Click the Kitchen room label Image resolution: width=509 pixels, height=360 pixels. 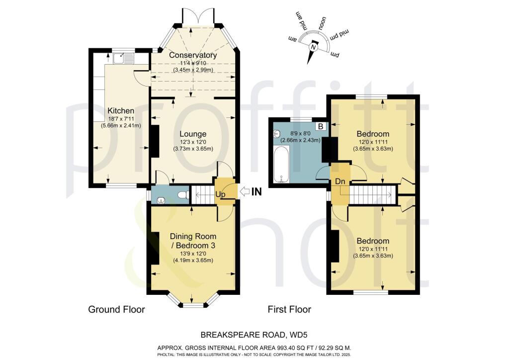coord(121,110)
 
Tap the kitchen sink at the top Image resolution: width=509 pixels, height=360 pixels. coord(121,59)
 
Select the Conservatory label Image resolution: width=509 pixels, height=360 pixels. coord(193,55)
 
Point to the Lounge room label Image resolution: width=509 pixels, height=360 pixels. coord(193,134)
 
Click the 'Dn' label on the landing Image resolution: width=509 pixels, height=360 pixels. coord(340,182)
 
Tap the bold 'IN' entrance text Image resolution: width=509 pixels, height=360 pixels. coord(256,191)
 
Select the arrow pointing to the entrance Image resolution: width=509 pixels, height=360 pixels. coord(245,191)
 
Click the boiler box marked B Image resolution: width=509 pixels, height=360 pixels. coord(321,127)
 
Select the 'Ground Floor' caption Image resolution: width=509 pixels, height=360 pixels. coord(116,309)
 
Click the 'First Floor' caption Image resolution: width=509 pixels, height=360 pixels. coord(289,309)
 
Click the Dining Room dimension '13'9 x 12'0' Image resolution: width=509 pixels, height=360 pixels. coord(193,253)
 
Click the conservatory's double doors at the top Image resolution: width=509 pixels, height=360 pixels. coord(198,18)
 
